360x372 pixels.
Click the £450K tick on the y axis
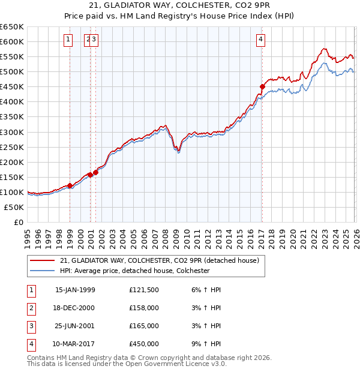tap(11, 86)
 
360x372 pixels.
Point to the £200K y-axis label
tap(11, 162)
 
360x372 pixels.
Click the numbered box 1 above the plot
tap(68, 40)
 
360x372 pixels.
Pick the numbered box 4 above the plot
tap(261, 40)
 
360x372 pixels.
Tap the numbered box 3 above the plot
tap(95, 40)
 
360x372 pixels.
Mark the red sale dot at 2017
tap(262, 86)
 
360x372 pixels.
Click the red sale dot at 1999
tap(70, 185)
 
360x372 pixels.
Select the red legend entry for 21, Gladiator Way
tap(159, 260)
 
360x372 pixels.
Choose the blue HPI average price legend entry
tap(134, 271)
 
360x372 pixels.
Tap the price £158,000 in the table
tap(143, 308)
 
